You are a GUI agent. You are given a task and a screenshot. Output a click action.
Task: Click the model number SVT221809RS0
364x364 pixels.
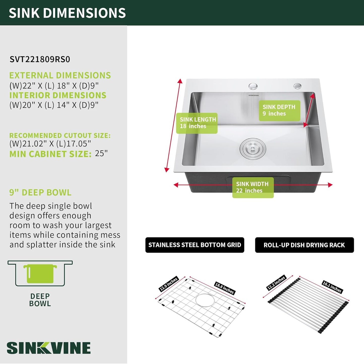pyautogui.click(x=40, y=59)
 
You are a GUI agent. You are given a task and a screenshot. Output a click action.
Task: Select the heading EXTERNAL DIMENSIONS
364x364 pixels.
pyautogui.click(x=60, y=75)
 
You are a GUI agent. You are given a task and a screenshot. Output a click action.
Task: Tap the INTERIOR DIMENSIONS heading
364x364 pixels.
pyautogui.click(x=58, y=95)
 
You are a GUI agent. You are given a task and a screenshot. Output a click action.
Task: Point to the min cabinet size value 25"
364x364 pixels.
pyautogui.click(x=101, y=153)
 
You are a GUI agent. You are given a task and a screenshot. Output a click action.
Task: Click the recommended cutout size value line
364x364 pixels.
pyautogui.click(x=50, y=144)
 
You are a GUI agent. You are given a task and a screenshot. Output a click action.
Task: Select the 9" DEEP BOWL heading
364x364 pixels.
pyautogui.click(x=40, y=193)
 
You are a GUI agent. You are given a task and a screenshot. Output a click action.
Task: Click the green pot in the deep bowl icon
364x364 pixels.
pyautogui.click(x=40, y=274)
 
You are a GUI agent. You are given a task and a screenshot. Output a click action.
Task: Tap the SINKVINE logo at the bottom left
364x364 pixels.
pyautogui.click(x=49, y=348)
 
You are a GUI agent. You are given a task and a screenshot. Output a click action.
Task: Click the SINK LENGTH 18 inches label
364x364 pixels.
pyautogui.click(x=197, y=123)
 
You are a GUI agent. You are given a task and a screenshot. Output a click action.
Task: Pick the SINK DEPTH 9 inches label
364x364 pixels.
pyautogui.click(x=279, y=110)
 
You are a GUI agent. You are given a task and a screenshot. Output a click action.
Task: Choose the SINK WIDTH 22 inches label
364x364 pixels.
pyautogui.click(x=253, y=187)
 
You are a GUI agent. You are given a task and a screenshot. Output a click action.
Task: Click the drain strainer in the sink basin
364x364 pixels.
pyautogui.click(x=253, y=148)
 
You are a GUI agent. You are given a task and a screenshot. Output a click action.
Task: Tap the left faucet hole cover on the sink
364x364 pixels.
pyautogui.click(x=253, y=86)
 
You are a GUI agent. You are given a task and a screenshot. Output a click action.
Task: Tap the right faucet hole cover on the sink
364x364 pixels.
pyautogui.click(x=297, y=86)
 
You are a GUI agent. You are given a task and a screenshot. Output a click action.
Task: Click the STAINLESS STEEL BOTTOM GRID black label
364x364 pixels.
pyautogui.click(x=195, y=245)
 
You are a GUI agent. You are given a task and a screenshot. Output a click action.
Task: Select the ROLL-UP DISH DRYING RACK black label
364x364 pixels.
pyautogui.click(x=304, y=245)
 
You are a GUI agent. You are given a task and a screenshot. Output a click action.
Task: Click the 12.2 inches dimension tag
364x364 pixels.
pyautogui.click(x=276, y=283)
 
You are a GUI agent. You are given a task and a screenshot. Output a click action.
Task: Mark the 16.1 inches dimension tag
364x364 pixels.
pyautogui.click(x=332, y=287)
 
